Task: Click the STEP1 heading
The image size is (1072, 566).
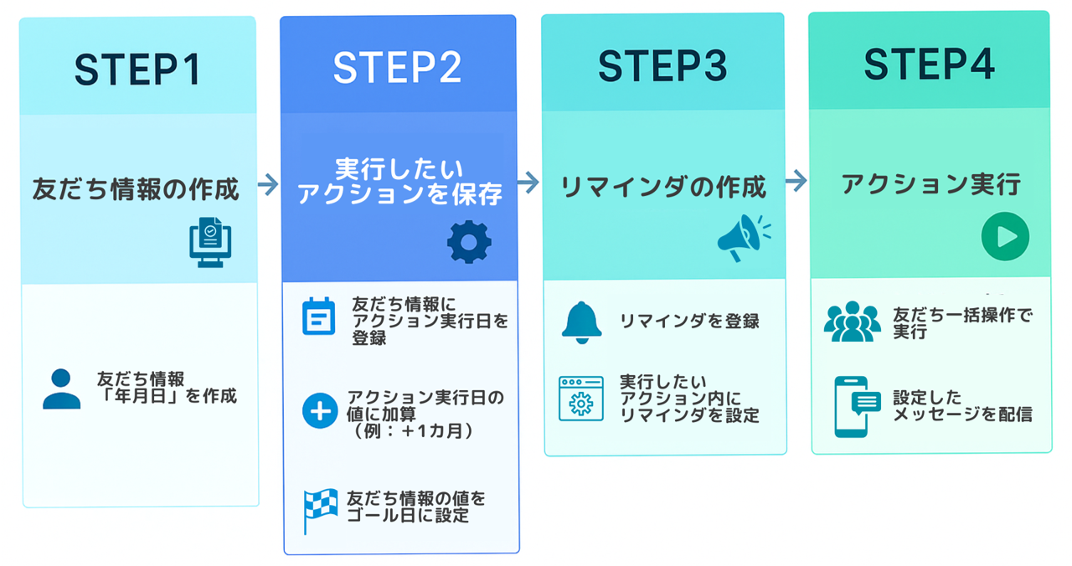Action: point(138,69)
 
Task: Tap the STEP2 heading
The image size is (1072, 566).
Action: point(397,68)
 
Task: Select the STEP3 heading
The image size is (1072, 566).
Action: point(662,66)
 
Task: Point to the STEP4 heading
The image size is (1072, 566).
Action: point(929,64)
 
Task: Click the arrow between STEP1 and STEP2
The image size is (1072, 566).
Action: point(269,185)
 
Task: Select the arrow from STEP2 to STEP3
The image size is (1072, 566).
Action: point(528,183)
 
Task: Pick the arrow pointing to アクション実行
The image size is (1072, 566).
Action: point(796,181)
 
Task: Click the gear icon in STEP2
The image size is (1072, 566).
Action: point(468,243)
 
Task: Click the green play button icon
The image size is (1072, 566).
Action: point(1004,237)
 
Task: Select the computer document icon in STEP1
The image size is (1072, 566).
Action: point(209,242)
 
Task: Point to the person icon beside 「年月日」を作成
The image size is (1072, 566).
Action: point(61,388)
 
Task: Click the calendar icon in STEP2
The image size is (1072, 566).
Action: point(318,316)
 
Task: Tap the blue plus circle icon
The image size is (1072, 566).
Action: point(319,411)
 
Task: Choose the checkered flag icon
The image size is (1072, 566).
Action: point(320,510)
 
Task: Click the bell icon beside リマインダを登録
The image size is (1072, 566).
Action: point(582,322)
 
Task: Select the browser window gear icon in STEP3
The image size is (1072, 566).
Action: point(581,399)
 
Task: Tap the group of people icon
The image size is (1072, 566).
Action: point(852,322)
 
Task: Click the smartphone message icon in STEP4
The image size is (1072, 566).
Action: point(854,407)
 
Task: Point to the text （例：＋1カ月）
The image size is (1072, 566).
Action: point(415,432)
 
